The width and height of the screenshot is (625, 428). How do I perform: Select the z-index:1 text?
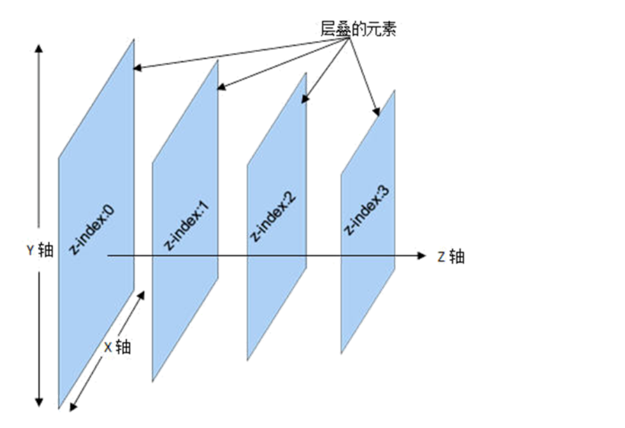point(186,225)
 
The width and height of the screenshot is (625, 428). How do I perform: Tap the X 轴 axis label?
point(117,347)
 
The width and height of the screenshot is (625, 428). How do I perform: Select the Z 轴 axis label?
point(451,257)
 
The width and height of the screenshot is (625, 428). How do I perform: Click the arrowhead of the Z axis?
point(421,256)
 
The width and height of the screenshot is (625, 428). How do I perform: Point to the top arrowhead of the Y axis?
point(39,48)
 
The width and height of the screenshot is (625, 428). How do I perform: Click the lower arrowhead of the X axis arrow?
point(73,407)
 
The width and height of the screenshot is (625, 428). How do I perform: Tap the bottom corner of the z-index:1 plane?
point(152,381)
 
